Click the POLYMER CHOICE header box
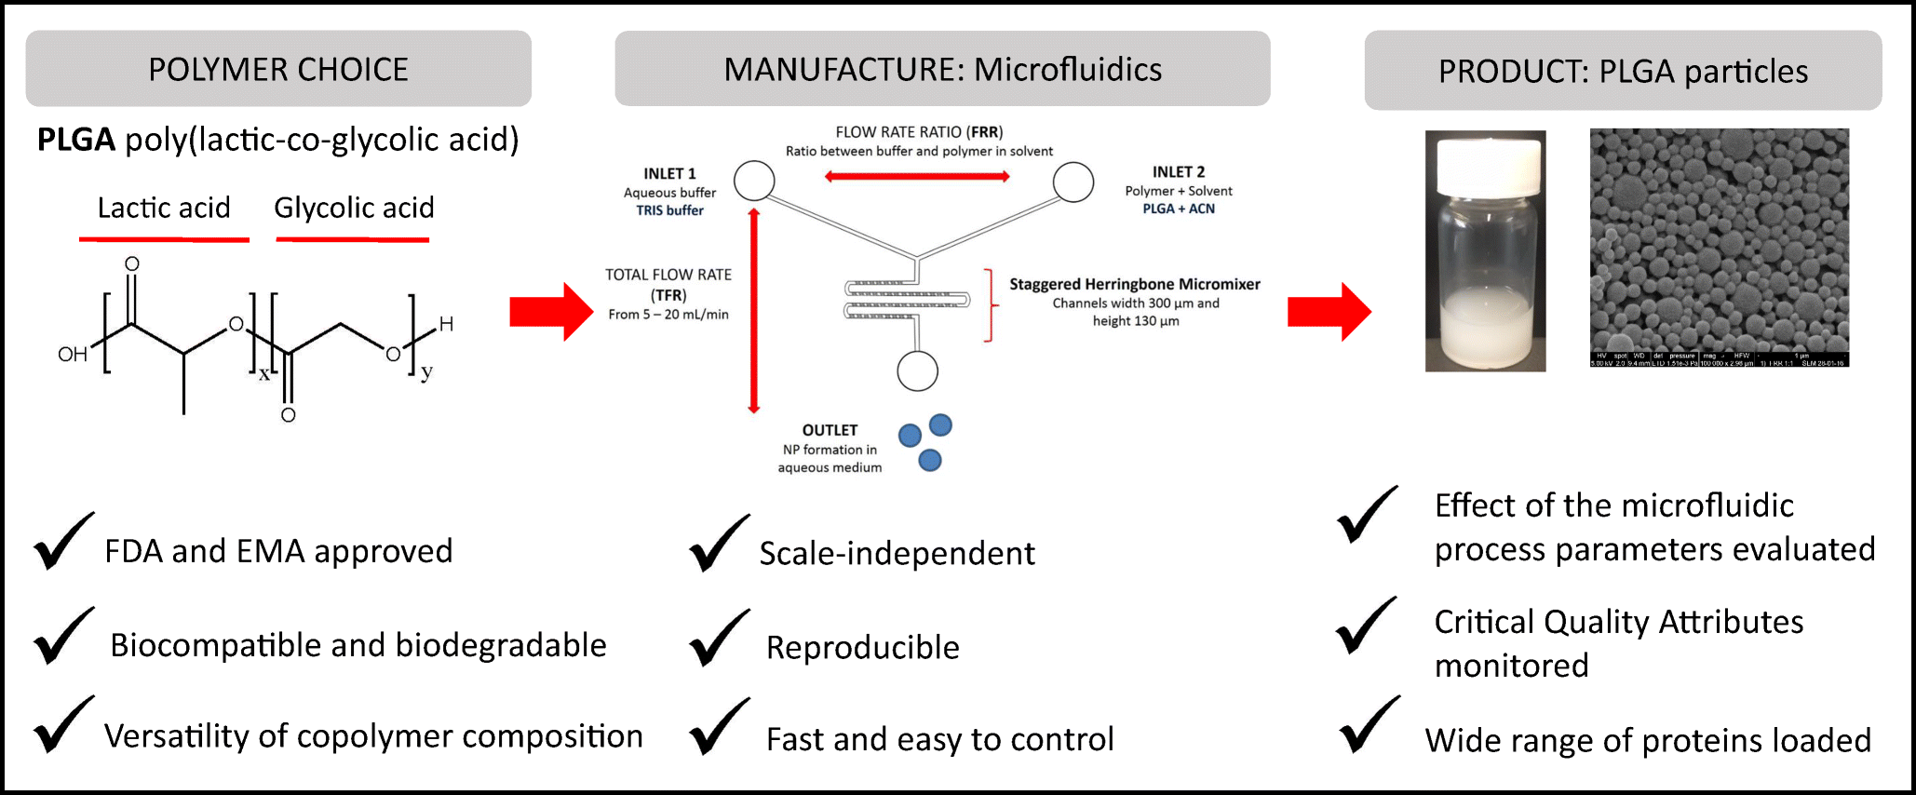tap(277, 69)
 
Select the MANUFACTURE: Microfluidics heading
tap(942, 69)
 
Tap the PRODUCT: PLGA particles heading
tap(1622, 71)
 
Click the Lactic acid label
tap(164, 208)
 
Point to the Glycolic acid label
tap(354, 208)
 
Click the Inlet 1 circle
tap(754, 181)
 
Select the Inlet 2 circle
tap(1073, 182)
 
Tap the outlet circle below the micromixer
tap(917, 371)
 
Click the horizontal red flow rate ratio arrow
tap(917, 176)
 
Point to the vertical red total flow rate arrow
tap(754, 311)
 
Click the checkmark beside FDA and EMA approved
tap(63, 542)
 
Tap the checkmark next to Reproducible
tap(719, 639)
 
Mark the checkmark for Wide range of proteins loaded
tap(1369, 726)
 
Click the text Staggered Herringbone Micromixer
tap(1134, 284)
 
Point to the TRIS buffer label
tap(669, 210)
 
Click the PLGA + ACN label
tap(1178, 209)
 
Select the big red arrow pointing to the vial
tap(1329, 312)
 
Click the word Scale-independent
tap(897, 553)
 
